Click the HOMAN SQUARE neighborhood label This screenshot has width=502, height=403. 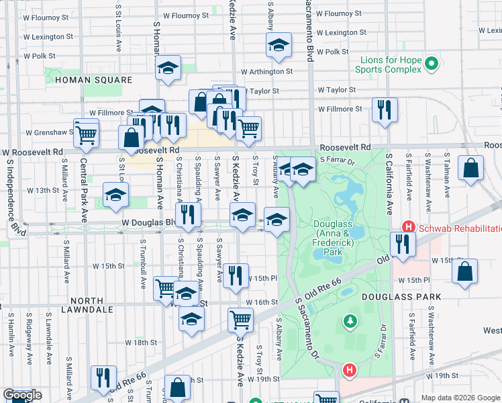(x=94, y=80)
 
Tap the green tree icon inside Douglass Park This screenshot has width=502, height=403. (x=349, y=322)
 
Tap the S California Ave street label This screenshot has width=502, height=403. (x=389, y=181)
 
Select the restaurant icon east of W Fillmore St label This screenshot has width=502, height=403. (x=385, y=109)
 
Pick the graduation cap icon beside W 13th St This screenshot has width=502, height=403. (x=116, y=193)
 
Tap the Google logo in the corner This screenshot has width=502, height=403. (x=22, y=396)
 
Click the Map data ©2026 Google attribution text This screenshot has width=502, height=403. (x=460, y=398)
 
